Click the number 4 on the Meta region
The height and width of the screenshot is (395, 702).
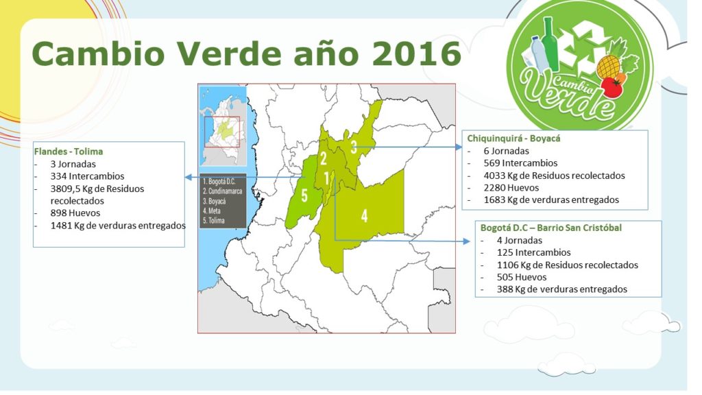click(x=365, y=216)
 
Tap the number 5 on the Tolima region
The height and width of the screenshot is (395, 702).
click(x=304, y=195)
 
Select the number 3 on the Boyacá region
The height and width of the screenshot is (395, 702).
click(x=354, y=147)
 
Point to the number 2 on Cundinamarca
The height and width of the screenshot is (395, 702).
click(x=324, y=158)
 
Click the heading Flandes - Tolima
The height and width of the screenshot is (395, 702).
click(x=69, y=152)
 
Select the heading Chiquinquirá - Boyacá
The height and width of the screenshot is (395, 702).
click(x=513, y=139)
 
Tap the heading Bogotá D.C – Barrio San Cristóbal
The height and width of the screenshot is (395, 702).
click(x=551, y=228)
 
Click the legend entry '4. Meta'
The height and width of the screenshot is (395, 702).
click(x=212, y=211)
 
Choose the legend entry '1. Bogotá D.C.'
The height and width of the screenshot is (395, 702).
click(x=219, y=181)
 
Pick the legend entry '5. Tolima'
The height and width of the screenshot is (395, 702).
click(x=214, y=220)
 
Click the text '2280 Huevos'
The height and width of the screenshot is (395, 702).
click(x=511, y=188)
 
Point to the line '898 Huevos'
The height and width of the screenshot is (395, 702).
click(x=75, y=213)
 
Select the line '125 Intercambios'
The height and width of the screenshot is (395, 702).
click(x=533, y=252)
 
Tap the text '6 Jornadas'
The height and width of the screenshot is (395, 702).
click(x=507, y=151)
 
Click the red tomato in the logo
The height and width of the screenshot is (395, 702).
click(x=612, y=87)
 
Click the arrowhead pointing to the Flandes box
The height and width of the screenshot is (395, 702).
click(x=189, y=178)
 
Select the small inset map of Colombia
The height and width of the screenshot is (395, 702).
click(x=223, y=126)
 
